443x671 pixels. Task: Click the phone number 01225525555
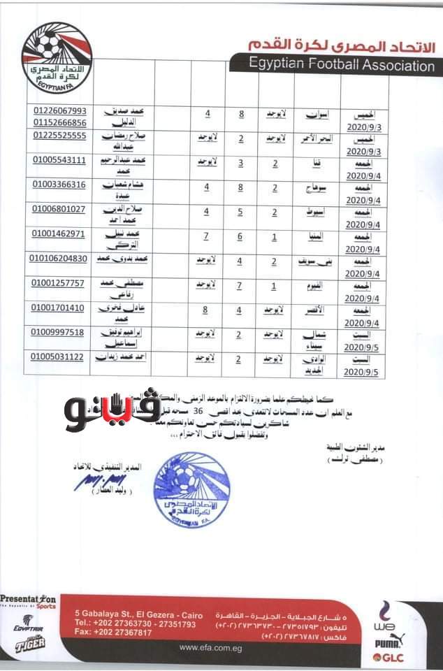click(59, 136)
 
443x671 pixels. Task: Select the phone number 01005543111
click(59, 160)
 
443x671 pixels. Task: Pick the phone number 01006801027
click(59, 209)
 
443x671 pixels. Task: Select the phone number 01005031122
click(59, 356)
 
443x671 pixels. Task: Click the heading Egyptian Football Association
click(341, 66)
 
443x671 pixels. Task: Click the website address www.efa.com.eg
click(209, 647)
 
